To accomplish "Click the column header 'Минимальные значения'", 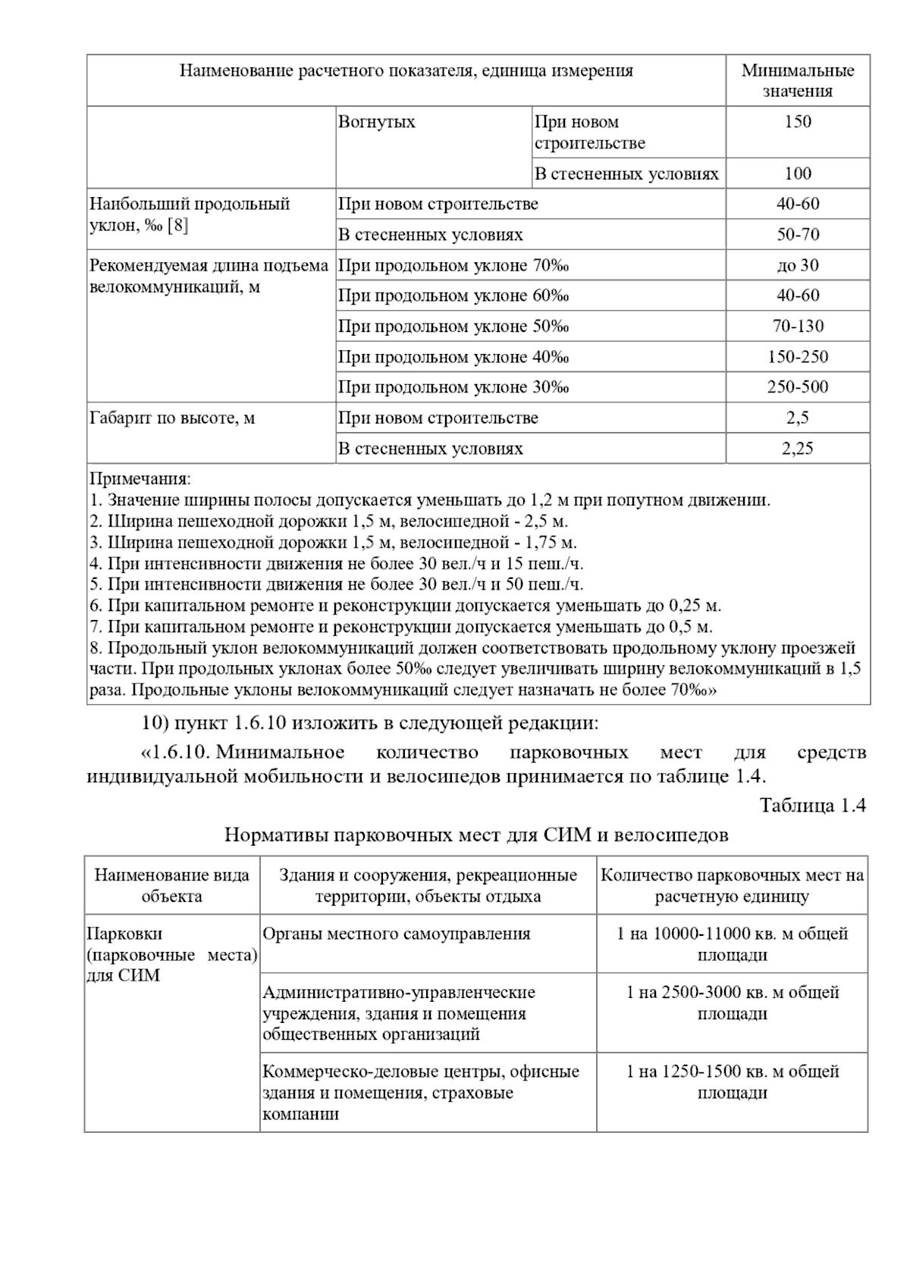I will pyautogui.click(x=797, y=80).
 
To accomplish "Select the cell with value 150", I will pyautogui.click(x=798, y=122).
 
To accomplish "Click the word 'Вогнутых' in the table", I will pyautogui.click(x=377, y=122).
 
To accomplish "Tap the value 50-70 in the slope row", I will pyautogui.click(x=798, y=235).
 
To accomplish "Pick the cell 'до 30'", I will pyautogui.click(x=798, y=265).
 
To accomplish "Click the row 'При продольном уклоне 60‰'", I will pyautogui.click(x=453, y=296).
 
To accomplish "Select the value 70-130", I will pyautogui.click(x=798, y=327).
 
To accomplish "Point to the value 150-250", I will pyautogui.click(x=798, y=357).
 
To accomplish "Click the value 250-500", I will pyautogui.click(x=798, y=387).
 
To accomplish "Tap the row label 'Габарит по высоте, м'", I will pyautogui.click(x=172, y=418).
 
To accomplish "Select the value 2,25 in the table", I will pyautogui.click(x=798, y=449).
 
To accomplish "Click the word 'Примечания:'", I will pyautogui.click(x=140, y=480).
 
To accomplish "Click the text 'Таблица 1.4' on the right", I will pyautogui.click(x=812, y=806).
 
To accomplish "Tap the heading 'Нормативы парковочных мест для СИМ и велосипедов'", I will pyautogui.click(x=476, y=835).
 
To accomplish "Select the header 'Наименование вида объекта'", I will pyautogui.click(x=172, y=886).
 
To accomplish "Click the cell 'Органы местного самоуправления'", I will pyautogui.click(x=397, y=934).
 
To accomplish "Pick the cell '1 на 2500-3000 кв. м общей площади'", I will pyautogui.click(x=732, y=1003).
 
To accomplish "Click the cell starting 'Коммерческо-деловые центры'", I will pyautogui.click(x=421, y=1092).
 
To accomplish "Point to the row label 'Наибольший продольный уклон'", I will pyautogui.click(x=190, y=214).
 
